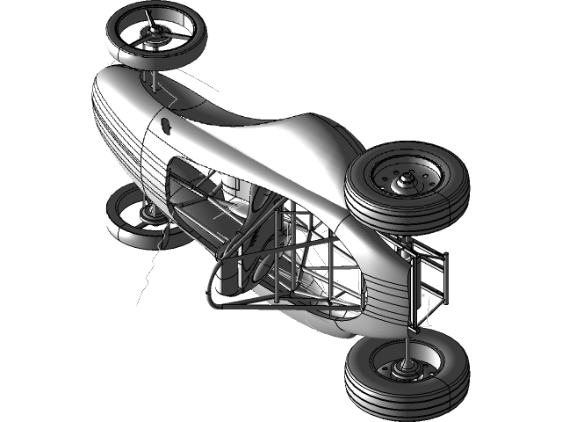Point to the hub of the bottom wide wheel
point(406,370)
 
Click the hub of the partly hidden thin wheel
point(147,214)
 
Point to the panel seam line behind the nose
point(145,158)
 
